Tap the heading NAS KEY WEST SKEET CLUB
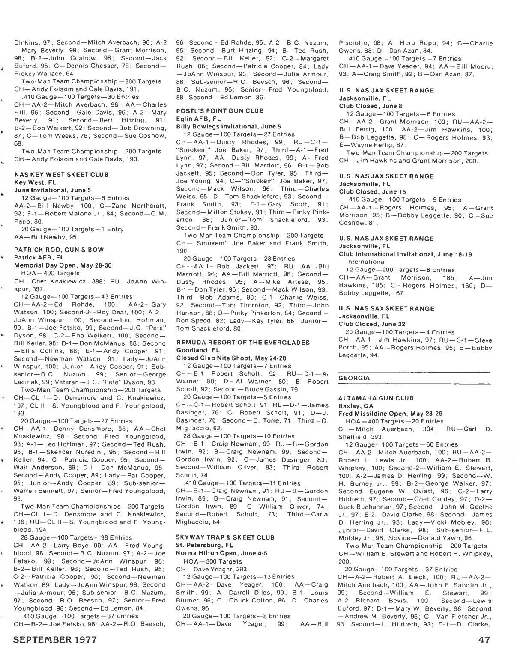point(61,175)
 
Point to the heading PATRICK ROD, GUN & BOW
point(59,250)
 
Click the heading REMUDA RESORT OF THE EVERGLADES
point(243,343)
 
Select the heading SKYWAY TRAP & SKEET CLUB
point(225,537)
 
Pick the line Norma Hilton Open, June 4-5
point(222,553)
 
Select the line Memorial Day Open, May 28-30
point(63,265)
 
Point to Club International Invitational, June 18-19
point(405,254)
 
